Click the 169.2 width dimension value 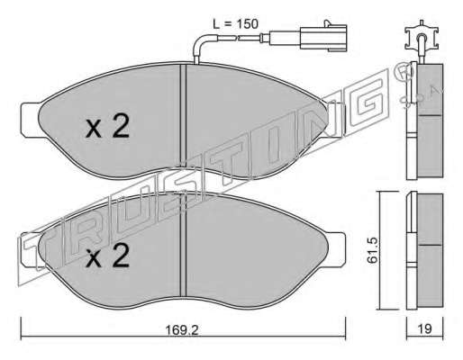pos(182,330)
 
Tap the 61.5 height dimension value pos(373,250)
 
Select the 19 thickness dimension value pos(425,328)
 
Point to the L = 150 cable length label pos(235,24)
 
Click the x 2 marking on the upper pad pos(107,126)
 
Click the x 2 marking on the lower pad pos(107,255)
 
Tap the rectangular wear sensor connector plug pos(323,37)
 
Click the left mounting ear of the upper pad pos(31,120)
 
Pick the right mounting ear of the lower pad pos(335,249)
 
